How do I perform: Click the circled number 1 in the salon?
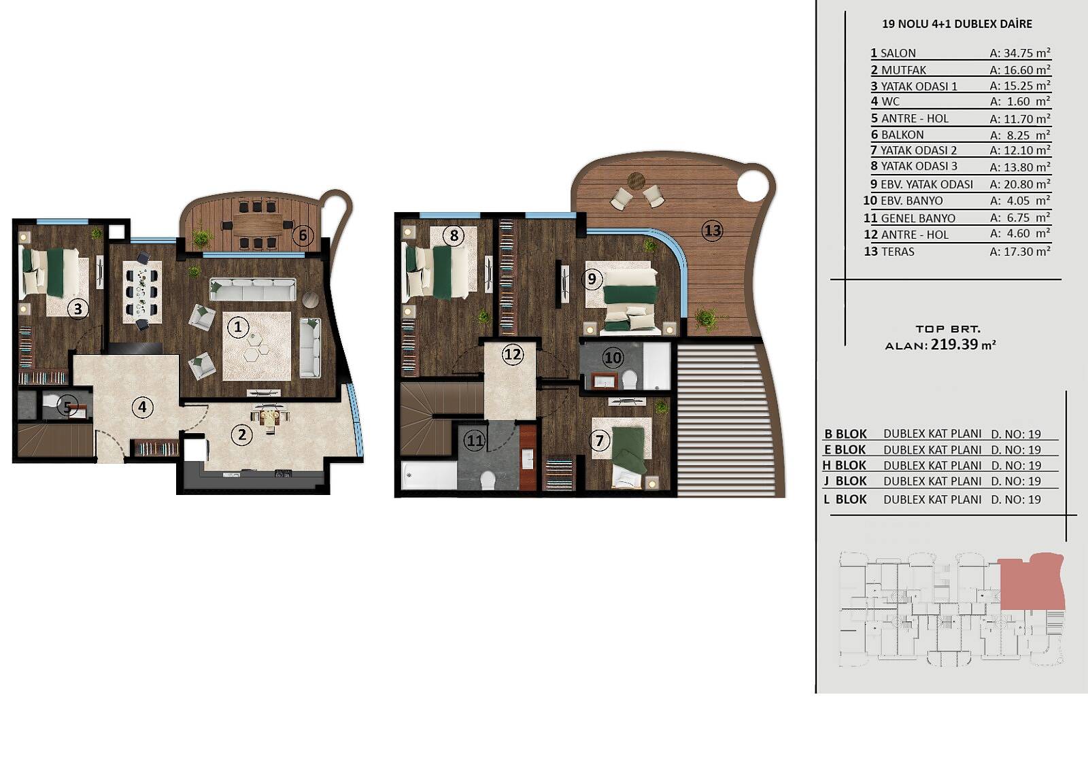point(238,327)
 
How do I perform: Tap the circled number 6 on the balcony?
point(303,236)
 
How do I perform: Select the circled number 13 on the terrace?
point(713,230)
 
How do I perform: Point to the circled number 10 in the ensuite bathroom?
point(613,358)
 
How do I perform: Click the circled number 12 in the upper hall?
point(513,355)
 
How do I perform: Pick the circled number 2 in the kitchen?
point(242,434)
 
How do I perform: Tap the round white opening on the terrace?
point(753,185)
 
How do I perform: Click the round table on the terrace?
point(636,181)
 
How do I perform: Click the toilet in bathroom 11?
point(487,480)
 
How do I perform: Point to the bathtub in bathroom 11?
point(428,475)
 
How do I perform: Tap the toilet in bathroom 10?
point(630,379)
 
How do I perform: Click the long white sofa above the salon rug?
point(252,289)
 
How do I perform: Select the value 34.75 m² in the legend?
point(1020,53)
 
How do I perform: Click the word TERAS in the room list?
point(898,252)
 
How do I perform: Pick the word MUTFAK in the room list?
point(904,71)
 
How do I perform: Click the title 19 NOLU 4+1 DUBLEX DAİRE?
point(957,24)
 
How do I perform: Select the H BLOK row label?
point(845,465)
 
